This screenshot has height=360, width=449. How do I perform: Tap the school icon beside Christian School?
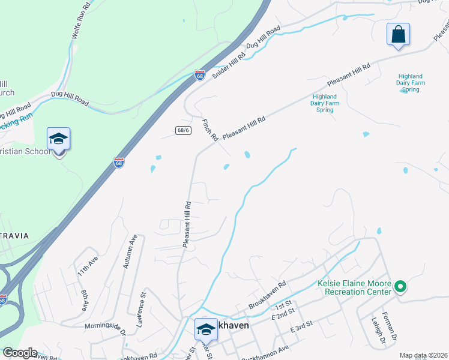[59, 140]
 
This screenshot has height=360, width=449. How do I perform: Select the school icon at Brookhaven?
[205, 329]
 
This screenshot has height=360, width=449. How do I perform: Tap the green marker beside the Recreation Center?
[400, 287]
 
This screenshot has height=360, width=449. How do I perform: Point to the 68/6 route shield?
[184, 130]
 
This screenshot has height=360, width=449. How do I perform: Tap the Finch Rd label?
[209, 130]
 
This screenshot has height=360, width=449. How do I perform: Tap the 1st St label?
[283, 304]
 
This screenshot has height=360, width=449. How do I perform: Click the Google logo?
[19, 353]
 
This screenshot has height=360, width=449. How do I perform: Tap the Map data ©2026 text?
[423, 355]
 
